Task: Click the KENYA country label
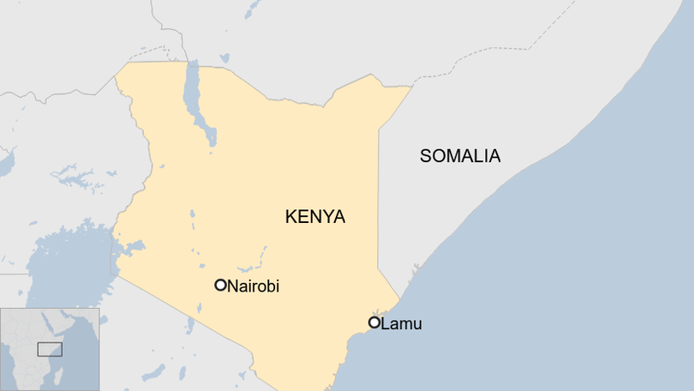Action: (x=314, y=217)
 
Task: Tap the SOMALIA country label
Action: (x=459, y=156)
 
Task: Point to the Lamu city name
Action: (x=401, y=323)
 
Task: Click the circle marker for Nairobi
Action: (x=220, y=285)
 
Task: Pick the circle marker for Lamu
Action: (x=374, y=322)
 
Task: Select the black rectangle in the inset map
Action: (x=50, y=350)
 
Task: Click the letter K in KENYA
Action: (x=290, y=217)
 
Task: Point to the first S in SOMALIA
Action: (x=426, y=156)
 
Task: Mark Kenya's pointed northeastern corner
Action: (x=411, y=86)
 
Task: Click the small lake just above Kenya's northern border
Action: (x=224, y=58)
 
